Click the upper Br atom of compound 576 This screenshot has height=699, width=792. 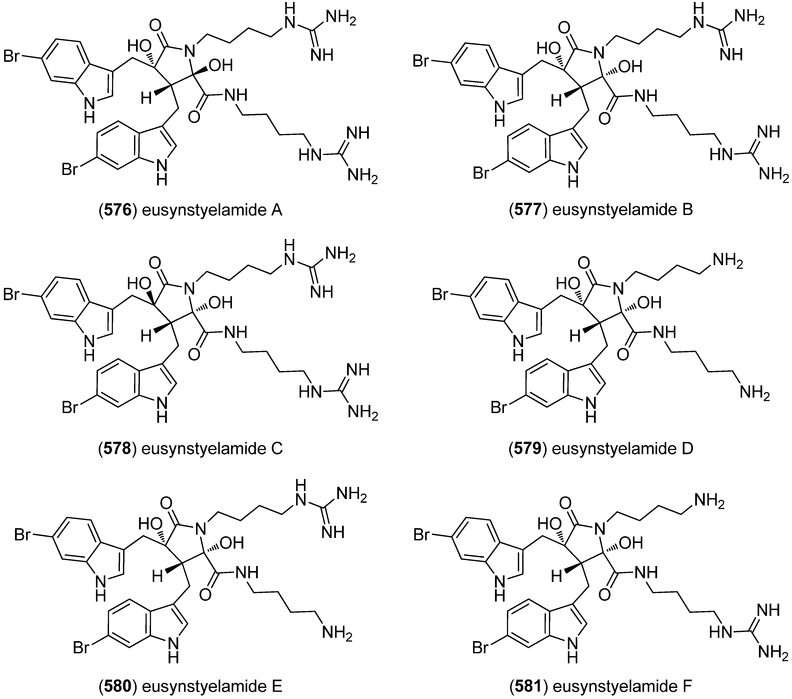click(11, 57)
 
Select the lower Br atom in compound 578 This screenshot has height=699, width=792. click(70, 408)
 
